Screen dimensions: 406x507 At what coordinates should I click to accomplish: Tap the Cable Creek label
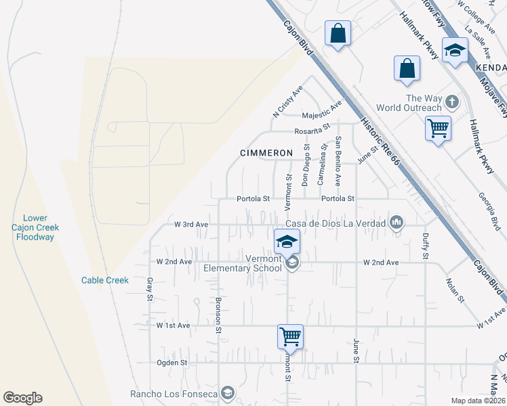(104, 280)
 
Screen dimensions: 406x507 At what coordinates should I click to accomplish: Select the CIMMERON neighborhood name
(266, 153)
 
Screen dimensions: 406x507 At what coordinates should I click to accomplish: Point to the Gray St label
(148, 289)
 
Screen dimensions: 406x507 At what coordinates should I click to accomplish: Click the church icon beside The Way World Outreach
(453, 103)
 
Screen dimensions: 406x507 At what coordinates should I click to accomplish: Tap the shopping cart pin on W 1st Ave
(290, 336)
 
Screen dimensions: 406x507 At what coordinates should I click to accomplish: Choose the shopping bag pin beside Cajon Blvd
(338, 33)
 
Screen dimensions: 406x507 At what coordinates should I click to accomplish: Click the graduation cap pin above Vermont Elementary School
(287, 242)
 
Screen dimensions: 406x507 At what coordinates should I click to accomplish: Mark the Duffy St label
(425, 246)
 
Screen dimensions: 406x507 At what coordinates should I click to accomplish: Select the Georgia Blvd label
(495, 212)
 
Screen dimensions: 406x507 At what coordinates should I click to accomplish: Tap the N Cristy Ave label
(287, 101)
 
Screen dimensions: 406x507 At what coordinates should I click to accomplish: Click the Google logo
(22, 398)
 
